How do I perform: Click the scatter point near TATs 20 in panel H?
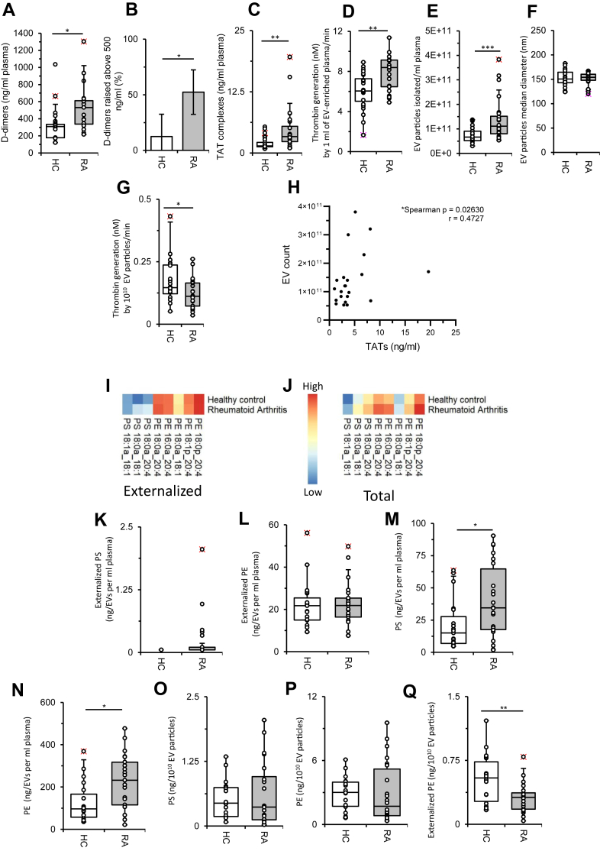point(427,271)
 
